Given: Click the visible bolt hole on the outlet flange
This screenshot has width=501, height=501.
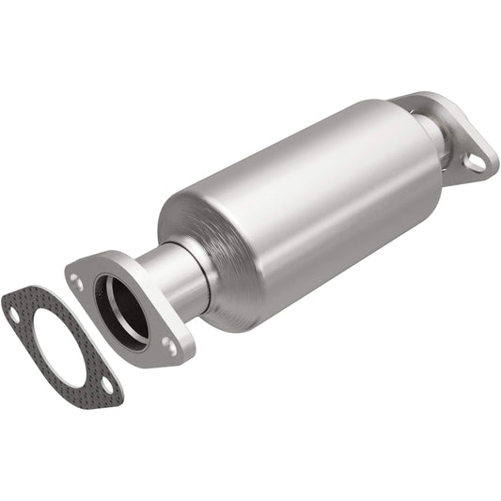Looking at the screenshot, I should (x=475, y=163).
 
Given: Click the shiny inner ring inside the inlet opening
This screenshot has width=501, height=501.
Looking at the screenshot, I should (x=117, y=301).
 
